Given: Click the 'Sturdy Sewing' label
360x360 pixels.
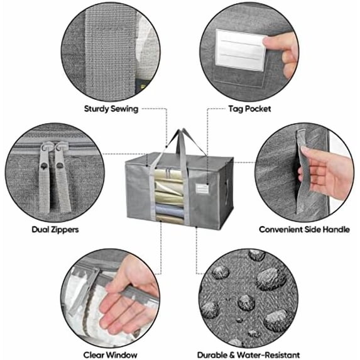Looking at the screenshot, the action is tap(111, 109).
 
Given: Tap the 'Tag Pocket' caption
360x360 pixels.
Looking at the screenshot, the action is tap(249, 109).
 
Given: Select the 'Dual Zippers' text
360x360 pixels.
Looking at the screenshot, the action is tap(55, 229).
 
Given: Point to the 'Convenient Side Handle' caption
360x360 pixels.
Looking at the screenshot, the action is tap(305, 229).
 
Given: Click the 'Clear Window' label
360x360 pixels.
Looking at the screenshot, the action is tap(110, 355).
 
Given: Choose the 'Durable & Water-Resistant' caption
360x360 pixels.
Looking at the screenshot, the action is tap(248, 355).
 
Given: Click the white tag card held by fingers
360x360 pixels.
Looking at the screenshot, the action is tap(241, 50).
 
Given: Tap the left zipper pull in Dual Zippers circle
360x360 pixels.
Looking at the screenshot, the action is tap(45, 177).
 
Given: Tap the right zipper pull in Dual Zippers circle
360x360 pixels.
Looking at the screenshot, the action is tap(62, 177).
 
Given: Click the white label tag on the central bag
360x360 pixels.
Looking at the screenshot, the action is tap(202, 188).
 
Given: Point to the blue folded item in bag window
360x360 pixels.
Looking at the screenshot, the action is tap(170, 210).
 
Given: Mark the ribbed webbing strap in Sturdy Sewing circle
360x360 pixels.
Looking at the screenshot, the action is tap(111, 53).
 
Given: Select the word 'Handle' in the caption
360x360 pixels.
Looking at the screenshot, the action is tap(336, 229).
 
